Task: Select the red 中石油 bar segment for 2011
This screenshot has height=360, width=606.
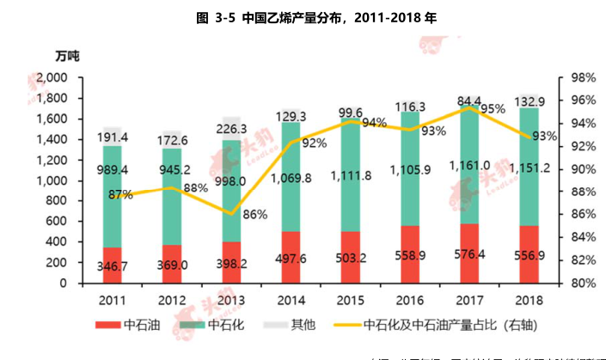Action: click(x=113, y=265)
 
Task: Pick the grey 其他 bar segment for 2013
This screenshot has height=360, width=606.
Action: click(x=231, y=129)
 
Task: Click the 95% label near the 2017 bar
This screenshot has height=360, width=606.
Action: click(x=493, y=109)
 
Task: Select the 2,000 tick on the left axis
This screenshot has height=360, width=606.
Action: click(x=48, y=77)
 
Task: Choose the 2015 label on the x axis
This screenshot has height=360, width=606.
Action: click(x=349, y=299)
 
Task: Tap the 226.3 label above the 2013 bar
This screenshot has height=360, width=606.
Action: click(x=231, y=130)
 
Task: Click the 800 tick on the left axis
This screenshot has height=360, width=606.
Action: click(x=55, y=201)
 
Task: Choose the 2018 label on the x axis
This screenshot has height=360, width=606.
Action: click(x=526, y=299)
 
